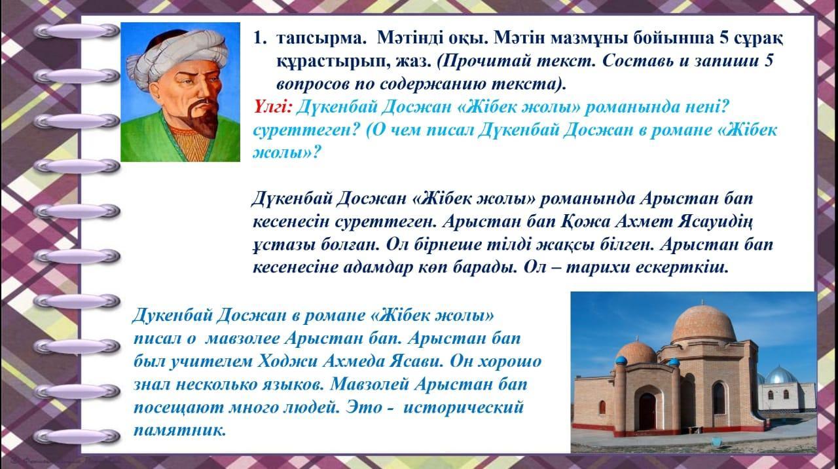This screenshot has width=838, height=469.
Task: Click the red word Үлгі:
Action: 273,107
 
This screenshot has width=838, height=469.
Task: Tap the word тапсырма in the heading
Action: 321,39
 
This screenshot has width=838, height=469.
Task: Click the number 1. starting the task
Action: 260,38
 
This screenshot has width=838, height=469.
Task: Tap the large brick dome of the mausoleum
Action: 704,324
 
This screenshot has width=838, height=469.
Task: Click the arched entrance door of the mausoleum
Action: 647,411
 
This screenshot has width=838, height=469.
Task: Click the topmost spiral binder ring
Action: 77,31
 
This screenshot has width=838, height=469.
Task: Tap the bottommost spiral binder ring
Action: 77,436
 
